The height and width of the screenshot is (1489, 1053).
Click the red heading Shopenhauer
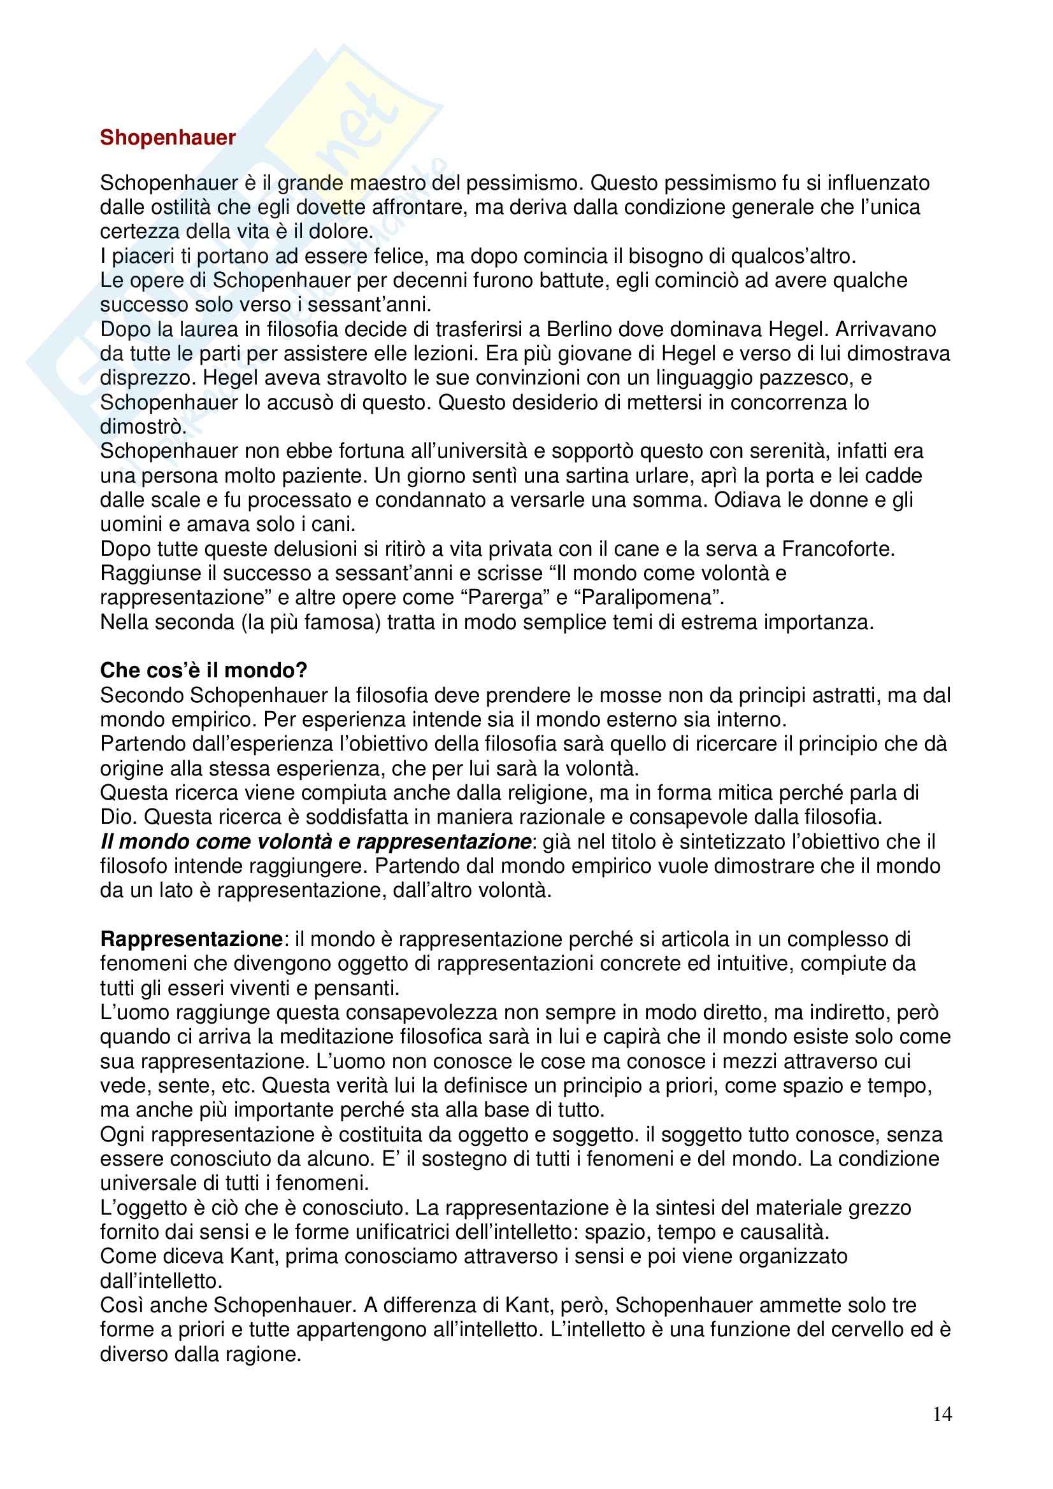click(x=168, y=138)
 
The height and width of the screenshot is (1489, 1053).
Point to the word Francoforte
click(x=838, y=549)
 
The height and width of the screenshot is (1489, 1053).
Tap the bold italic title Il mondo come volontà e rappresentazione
click(x=315, y=842)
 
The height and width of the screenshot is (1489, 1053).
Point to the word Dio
click(x=117, y=817)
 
